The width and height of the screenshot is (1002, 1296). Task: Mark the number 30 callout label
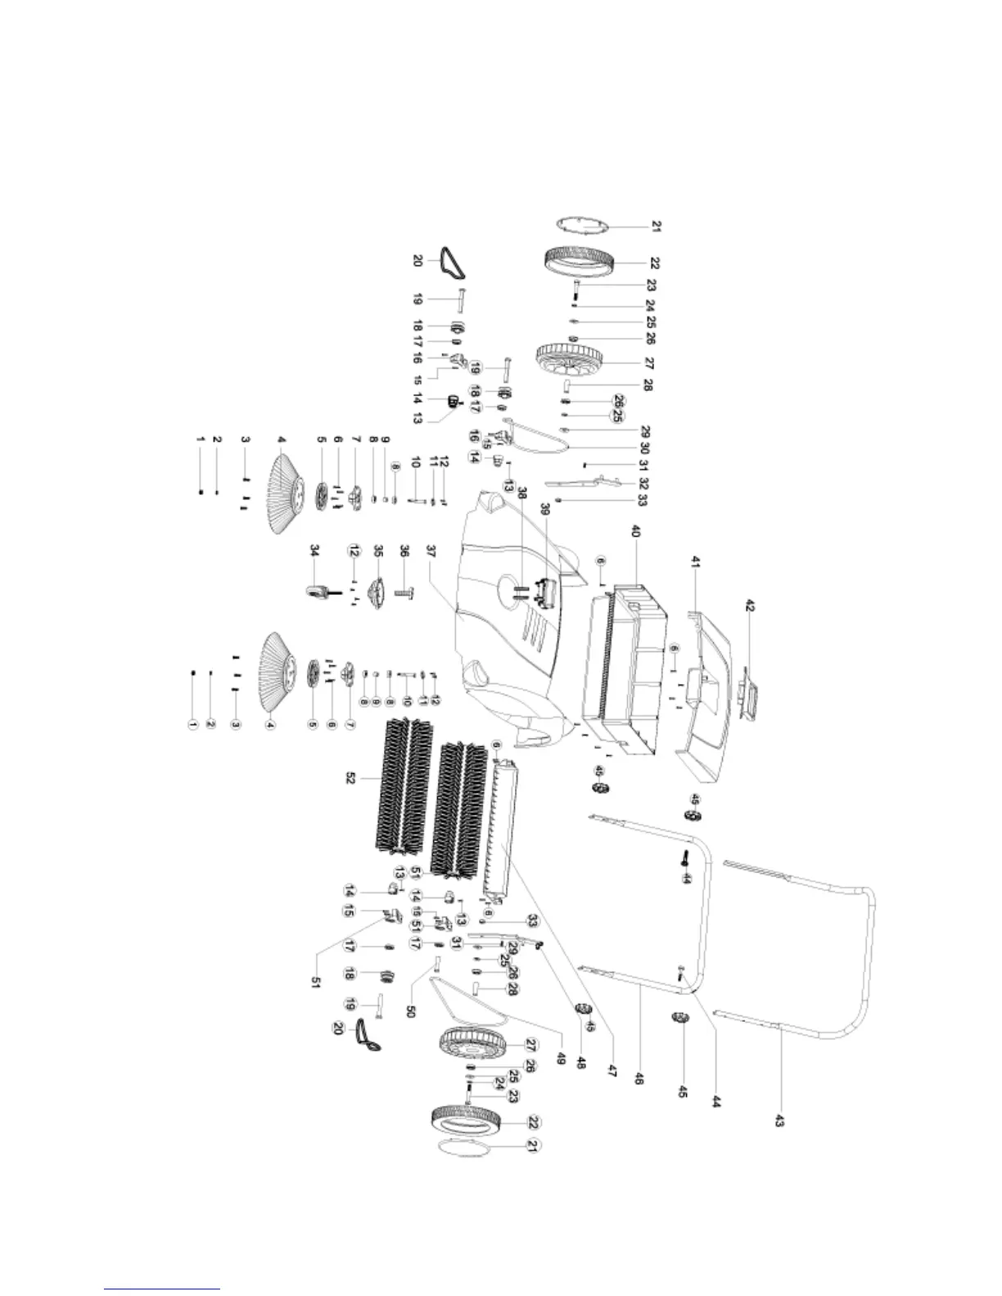[644, 448]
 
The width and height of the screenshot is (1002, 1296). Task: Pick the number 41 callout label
[695, 563]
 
